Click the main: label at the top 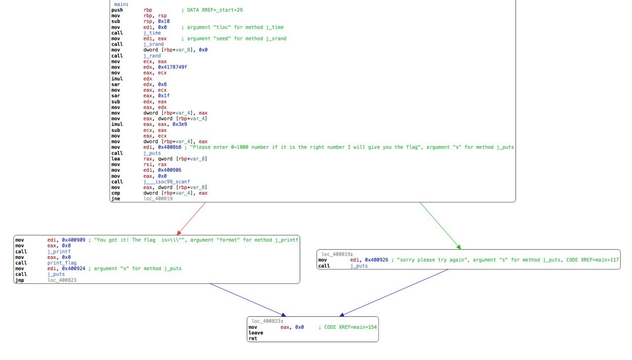[121, 4]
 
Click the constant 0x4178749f [172, 67]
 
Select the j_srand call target [154, 44]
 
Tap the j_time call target [152, 33]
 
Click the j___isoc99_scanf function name [167, 182]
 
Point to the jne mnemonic [116, 199]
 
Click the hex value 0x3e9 [180, 124]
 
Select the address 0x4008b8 [169, 147]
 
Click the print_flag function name [62, 263]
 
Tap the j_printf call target [59, 251]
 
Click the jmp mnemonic [20, 280]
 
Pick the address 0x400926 [376, 260]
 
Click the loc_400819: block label [337, 254]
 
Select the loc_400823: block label [268, 321]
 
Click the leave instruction [256, 333]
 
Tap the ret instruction [253, 339]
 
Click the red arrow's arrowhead [178, 233]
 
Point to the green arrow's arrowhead [459, 247]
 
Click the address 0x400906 [169, 170]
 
